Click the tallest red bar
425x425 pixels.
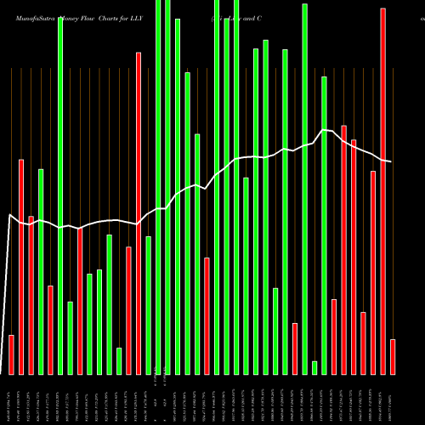pos(383,191)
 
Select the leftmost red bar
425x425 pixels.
pos(12,354)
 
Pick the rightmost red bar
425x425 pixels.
pos(393,356)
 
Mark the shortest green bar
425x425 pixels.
pos(314,367)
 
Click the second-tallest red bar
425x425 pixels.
pos(139,212)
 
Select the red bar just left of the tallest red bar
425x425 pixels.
pos(373,272)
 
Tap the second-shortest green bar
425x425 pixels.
pos(119,360)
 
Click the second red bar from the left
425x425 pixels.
pos(21,266)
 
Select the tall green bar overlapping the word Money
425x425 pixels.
pos(60,195)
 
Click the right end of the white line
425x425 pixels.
pos(392,161)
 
